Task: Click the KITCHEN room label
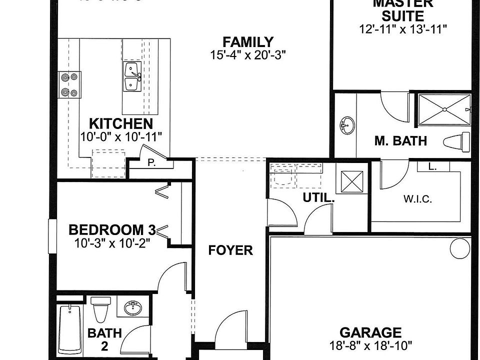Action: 120,123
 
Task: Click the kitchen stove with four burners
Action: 69,84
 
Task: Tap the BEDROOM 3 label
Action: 112,230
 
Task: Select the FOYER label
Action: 230,250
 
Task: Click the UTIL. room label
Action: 318,197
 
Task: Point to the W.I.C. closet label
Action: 417,199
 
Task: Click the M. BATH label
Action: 400,141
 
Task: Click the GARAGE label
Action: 370,332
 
